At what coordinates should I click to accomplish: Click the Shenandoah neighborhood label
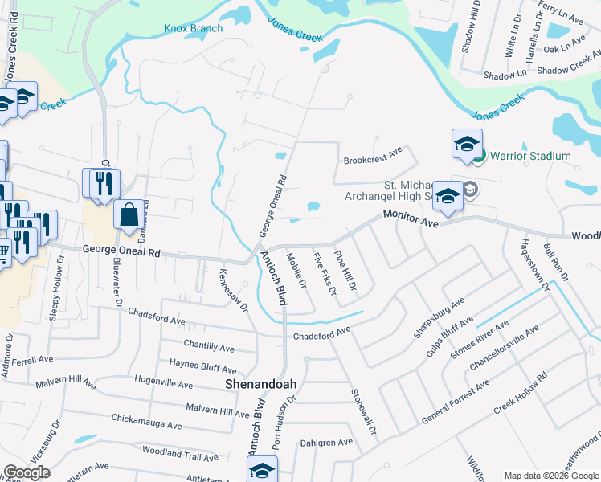(260, 384)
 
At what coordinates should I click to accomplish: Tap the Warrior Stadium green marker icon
(479, 156)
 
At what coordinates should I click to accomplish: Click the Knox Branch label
(193, 28)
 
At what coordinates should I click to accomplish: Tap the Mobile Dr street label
(296, 272)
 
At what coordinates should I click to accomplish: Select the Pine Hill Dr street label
(345, 270)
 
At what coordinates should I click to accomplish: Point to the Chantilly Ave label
(208, 348)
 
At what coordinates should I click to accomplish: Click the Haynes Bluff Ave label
(202, 366)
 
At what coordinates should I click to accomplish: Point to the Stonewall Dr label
(362, 412)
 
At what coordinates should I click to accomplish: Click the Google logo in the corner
(27, 472)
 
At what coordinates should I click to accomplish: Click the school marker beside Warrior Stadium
(466, 145)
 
